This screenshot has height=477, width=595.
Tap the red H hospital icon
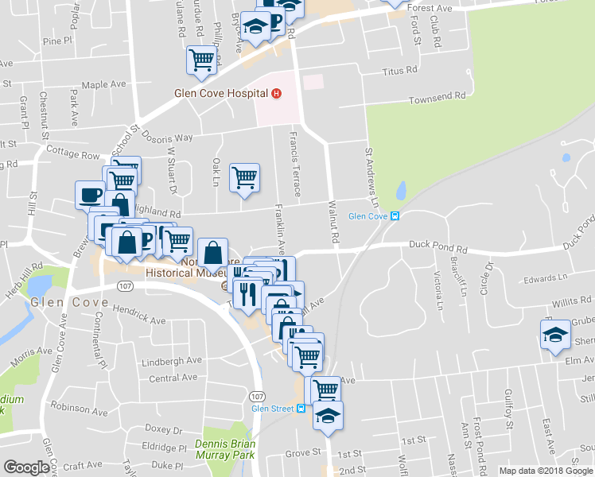point(276,93)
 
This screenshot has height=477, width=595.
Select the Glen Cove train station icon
point(395,216)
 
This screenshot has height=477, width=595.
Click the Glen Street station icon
point(301,409)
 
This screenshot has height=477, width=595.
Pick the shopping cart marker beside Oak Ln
point(244,177)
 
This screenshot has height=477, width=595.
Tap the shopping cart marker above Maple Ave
point(202,59)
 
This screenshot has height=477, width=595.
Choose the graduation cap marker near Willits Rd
point(555,332)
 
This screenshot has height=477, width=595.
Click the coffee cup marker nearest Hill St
point(90,194)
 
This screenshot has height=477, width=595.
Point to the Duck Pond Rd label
point(437,249)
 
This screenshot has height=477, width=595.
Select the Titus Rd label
point(399,70)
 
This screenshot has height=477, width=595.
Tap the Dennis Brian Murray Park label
point(226,449)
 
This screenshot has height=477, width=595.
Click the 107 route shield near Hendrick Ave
point(123,284)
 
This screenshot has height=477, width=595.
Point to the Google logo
point(26,467)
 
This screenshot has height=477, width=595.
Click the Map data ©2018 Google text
point(545,470)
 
